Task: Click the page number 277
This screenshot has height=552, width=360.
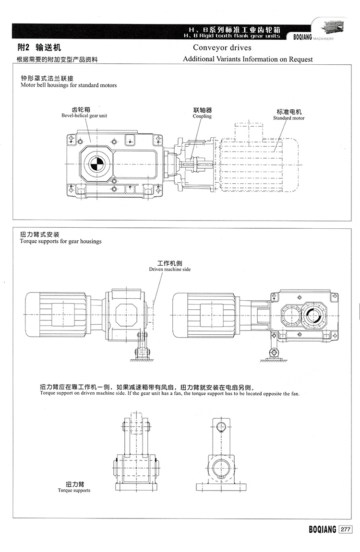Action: coord(346,529)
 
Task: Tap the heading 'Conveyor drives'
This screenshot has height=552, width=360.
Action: coord(222,47)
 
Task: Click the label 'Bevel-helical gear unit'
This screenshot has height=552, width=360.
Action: coord(84,116)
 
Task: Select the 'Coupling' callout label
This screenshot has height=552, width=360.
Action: coord(202,116)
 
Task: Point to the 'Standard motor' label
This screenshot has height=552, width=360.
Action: coord(289,118)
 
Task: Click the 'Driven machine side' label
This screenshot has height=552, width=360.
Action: coord(170,270)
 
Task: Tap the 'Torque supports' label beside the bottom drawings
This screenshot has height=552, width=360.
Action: coord(74,491)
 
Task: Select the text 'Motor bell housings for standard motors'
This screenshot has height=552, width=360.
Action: coord(69,85)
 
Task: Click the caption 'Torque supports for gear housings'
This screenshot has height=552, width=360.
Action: coord(61,241)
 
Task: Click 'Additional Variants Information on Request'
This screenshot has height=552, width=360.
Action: coord(248,59)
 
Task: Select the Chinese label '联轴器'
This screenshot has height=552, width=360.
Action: coord(202,110)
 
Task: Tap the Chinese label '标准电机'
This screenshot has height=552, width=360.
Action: coord(289,112)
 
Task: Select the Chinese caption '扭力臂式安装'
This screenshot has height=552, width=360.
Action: coord(40,235)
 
